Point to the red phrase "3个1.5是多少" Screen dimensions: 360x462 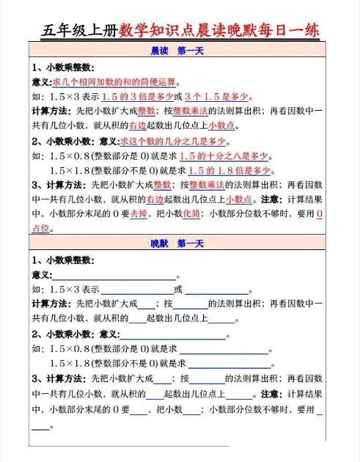(x=218, y=97)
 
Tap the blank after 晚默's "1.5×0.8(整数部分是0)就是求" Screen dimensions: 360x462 (x=224, y=350)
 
